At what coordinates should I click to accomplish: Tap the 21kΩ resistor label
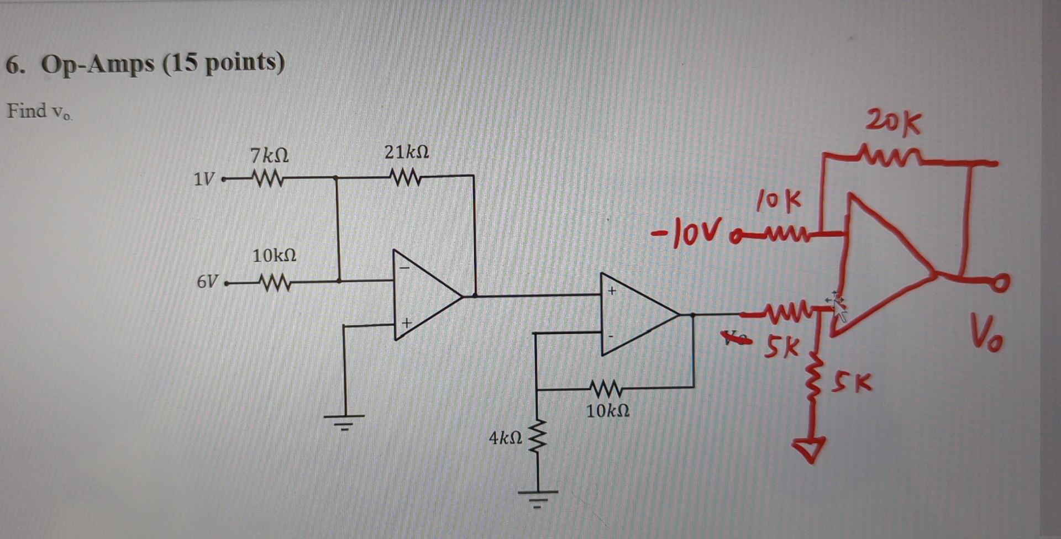[x=407, y=152]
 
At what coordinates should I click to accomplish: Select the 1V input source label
[x=204, y=179]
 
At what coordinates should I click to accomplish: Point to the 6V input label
[x=207, y=282]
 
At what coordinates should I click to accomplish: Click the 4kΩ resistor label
[x=505, y=438]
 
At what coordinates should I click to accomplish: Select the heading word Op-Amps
[x=98, y=65]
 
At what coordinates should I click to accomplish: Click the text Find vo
[x=39, y=112]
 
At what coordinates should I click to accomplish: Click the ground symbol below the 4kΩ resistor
[x=538, y=497]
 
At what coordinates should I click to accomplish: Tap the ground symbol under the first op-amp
[x=344, y=421]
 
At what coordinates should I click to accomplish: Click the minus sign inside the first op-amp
[x=405, y=268]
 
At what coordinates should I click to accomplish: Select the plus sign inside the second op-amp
[x=612, y=290]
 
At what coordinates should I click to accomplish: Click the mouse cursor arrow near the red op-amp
[x=838, y=308]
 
